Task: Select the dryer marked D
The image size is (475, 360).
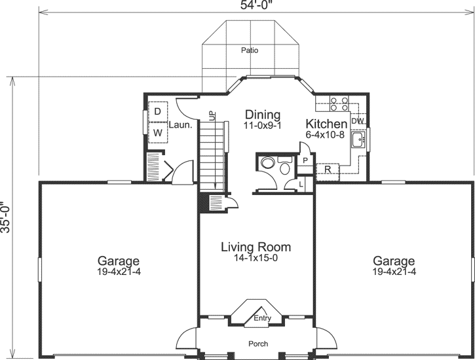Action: pyautogui.click(x=157, y=112)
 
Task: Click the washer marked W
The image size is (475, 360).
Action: pyautogui.click(x=157, y=133)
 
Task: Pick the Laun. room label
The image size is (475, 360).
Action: pyautogui.click(x=180, y=124)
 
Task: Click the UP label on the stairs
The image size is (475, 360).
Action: pyautogui.click(x=212, y=116)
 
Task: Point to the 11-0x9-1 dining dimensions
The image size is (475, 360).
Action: pyautogui.click(x=262, y=126)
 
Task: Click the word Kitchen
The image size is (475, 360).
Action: pyautogui.click(x=326, y=124)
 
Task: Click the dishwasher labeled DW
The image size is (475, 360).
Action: pyautogui.click(x=357, y=121)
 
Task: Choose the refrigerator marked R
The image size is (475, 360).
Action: pyautogui.click(x=326, y=170)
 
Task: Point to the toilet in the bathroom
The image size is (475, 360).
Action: pyautogui.click(x=284, y=168)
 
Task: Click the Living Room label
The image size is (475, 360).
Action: pyautogui.click(x=256, y=247)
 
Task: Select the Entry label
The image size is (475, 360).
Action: pyautogui.click(x=262, y=318)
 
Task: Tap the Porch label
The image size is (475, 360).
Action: pyautogui.click(x=257, y=344)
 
